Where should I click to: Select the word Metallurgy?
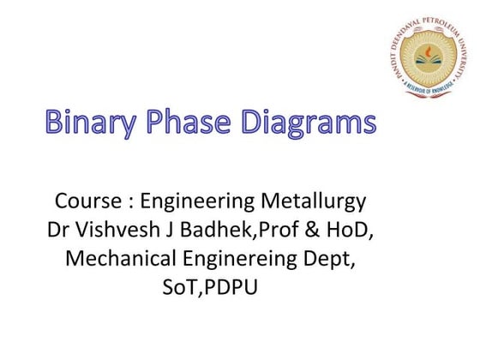315,202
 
